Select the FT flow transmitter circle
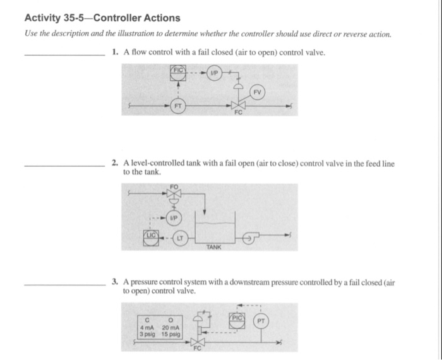pos(179,107)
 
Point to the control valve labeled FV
pos(239,107)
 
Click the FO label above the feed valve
pos(174,186)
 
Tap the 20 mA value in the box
pos(170,327)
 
